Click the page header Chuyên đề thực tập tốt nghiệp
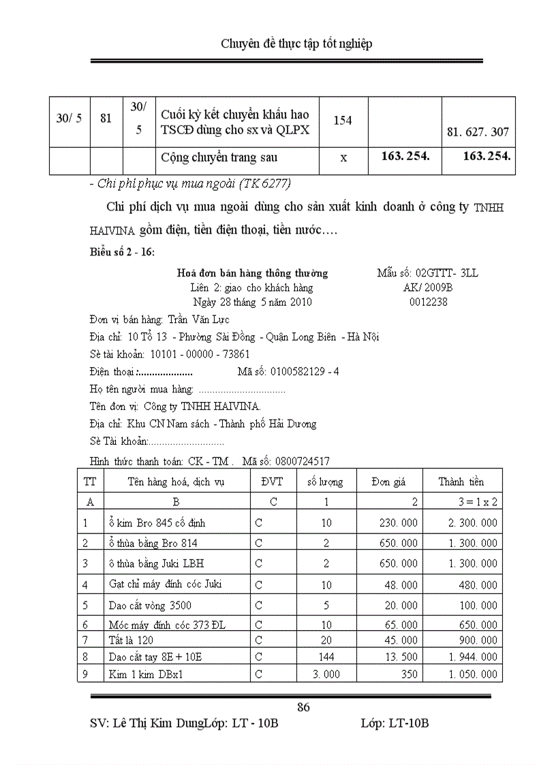point(296,44)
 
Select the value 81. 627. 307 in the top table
point(478,133)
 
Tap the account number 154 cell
point(343,121)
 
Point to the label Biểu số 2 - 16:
point(122,252)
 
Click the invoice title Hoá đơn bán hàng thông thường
point(252,273)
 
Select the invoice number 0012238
point(428,302)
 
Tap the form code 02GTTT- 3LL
point(427,273)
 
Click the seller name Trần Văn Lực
point(198,319)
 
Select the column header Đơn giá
point(388,482)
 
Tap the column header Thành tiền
point(461,482)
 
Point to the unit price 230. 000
point(399,523)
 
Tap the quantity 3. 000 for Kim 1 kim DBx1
point(326,674)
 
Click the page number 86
point(304,707)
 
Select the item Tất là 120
point(131,640)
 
